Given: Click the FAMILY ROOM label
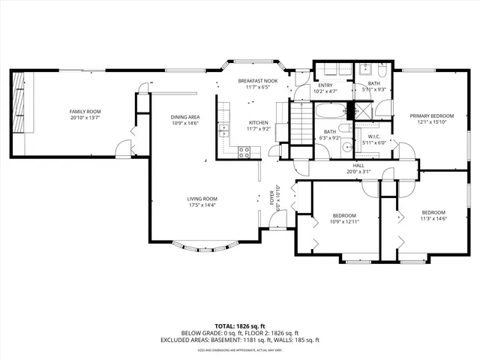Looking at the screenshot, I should pyautogui.click(x=85, y=111).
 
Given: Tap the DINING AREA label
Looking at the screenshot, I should pyautogui.click(x=184, y=117).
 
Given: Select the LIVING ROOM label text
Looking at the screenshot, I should pyautogui.click(x=202, y=199).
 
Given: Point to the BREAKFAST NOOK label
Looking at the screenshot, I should pyautogui.click(x=257, y=80).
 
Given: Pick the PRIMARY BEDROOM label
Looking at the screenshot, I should pyautogui.click(x=431, y=116).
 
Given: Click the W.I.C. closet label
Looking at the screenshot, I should pyautogui.click(x=373, y=136).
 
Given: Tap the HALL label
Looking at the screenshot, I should pyautogui.click(x=358, y=165).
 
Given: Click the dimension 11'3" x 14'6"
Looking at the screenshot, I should pyautogui.click(x=433, y=218).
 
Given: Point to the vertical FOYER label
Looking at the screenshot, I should pyautogui.click(x=272, y=198).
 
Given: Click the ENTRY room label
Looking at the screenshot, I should pyautogui.click(x=325, y=85).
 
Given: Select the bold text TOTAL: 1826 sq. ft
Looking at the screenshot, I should pyautogui.click(x=239, y=325).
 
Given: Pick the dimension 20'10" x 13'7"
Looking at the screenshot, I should pyautogui.click(x=85, y=118).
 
